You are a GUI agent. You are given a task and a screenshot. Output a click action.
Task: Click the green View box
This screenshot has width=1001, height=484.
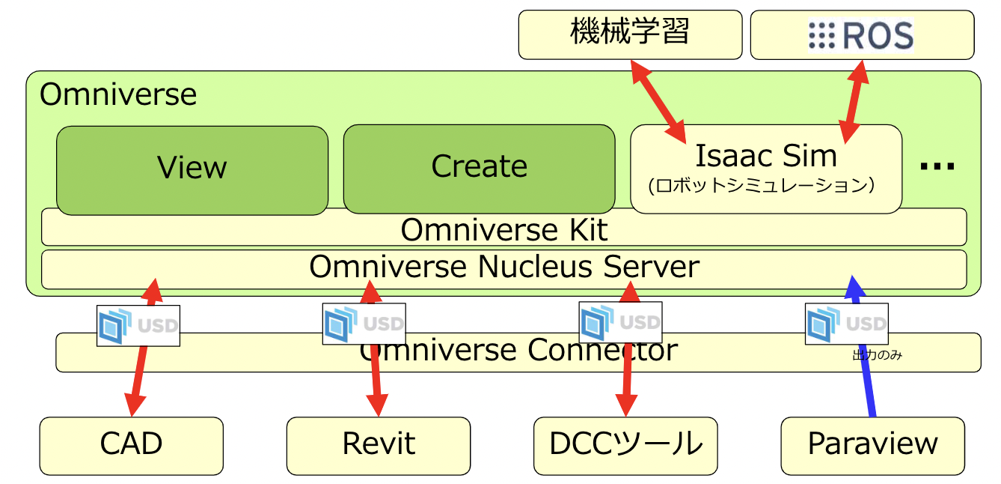click(x=192, y=168)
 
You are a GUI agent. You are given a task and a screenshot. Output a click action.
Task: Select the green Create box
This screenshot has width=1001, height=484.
click(x=479, y=167)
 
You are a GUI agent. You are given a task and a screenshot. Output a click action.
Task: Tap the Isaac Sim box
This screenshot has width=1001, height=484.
click(x=765, y=168)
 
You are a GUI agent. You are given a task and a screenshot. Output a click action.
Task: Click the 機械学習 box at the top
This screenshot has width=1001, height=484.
click(x=630, y=34)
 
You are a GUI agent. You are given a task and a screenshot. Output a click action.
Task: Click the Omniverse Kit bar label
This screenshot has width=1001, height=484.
click(x=503, y=229)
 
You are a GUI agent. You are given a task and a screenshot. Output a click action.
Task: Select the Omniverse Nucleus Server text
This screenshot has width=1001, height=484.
click(x=503, y=267)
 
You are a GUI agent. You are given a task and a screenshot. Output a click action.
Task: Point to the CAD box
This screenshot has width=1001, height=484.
click(x=131, y=444)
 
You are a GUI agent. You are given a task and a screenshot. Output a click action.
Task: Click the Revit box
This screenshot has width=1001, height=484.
click(x=379, y=444)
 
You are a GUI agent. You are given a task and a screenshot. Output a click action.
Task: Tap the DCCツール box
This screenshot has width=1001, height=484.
click(x=625, y=444)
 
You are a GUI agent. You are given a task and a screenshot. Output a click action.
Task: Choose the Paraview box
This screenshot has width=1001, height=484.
click(x=872, y=444)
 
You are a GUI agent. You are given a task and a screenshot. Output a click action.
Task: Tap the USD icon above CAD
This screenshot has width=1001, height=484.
click(x=138, y=325)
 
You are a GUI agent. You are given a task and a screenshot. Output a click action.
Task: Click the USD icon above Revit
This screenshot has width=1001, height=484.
click(x=364, y=324)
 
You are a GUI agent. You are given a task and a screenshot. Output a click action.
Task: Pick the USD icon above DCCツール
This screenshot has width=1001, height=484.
click(x=620, y=322)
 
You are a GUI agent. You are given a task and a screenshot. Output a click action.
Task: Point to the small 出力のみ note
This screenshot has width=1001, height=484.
click(x=877, y=355)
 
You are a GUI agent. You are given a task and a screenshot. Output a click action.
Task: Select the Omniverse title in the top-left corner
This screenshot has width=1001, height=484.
click(x=118, y=95)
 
